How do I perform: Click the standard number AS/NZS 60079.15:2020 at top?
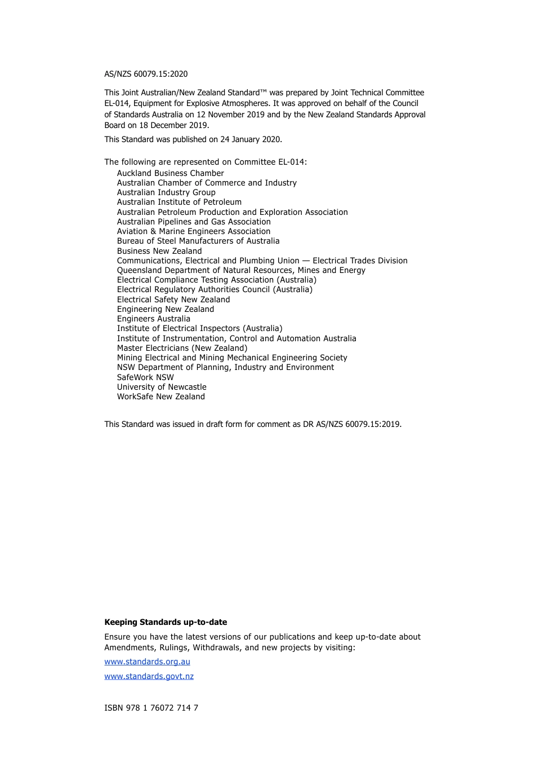146,74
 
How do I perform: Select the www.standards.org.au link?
147,662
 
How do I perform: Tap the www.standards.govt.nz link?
149,676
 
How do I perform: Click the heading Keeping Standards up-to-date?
166,622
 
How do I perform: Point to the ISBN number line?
151,708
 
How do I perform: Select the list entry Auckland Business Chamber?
170,173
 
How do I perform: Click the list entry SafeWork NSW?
145,377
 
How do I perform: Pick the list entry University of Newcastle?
162,387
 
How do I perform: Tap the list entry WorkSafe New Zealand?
160,396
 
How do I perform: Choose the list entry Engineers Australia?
153,319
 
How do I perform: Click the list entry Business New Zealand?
159,251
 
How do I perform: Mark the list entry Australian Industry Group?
166,192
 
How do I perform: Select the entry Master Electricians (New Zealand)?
182,348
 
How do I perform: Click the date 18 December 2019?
173,125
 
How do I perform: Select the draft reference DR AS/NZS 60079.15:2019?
351,424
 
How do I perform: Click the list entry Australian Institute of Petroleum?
179,202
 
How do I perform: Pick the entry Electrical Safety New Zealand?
173,299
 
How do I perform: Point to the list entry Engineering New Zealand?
166,309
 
